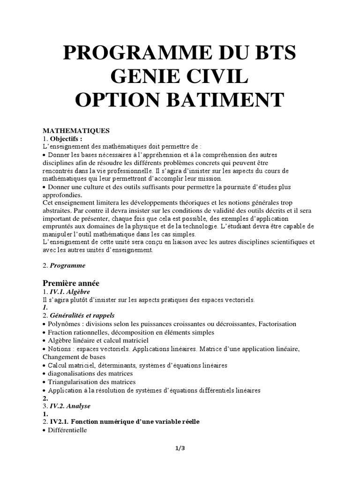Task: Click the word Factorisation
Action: pos(274,324)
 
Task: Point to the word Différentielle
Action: pos(67,430)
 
